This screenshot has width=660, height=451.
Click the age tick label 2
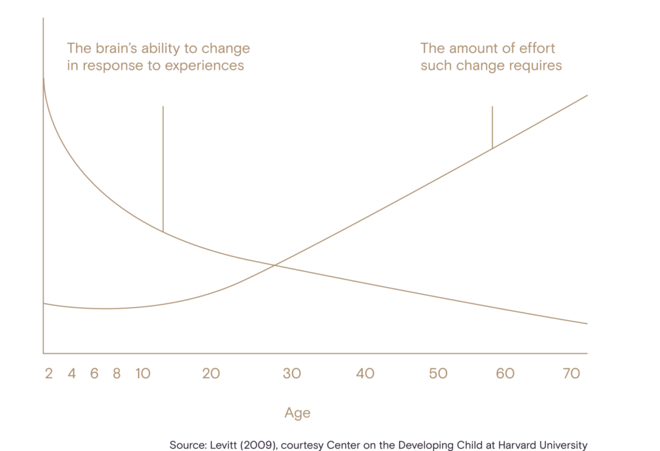click(48, 374)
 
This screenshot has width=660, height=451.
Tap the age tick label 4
click(72, 374)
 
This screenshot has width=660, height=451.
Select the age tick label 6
click(94, 374)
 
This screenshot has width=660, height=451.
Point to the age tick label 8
click(117, 374)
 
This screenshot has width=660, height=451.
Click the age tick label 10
click(143, 374)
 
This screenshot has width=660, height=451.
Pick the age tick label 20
click(211, 374)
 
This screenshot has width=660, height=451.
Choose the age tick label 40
click(366, 374)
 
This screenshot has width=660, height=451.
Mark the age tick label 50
click(438, 374)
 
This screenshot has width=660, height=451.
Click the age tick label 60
click(505, 374)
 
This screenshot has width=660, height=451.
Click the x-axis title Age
click(297, 412)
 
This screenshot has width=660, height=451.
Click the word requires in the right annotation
click(537, 66)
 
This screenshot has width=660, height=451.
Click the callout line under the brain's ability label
click(163, 168)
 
